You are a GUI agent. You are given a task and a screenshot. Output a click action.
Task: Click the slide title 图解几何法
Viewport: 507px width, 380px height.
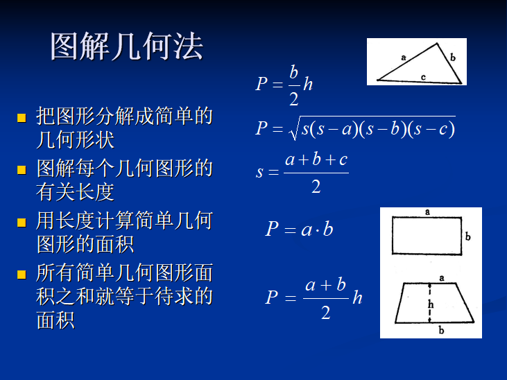click(x=126, y=47)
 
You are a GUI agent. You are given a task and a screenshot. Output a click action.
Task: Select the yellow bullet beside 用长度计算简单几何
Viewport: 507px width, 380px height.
click(x=22, y=223)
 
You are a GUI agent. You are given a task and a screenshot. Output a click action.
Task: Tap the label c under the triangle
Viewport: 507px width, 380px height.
click(x=423, y=78)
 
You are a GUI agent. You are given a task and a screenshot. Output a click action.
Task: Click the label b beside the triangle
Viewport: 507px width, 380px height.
click(x=453, y=58)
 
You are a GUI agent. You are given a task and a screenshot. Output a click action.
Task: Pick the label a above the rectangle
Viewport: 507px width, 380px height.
click(x=427, y=211)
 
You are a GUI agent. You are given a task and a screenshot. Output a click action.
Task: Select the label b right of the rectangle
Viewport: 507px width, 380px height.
click(x=468, y=236)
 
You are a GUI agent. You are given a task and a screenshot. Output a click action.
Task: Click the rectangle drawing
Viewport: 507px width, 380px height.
click(x=427, y=236)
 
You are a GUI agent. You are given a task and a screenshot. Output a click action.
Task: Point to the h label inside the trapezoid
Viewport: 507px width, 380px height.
click(x=430, y=304)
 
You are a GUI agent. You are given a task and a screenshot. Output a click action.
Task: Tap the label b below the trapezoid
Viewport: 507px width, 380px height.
click(x=441, y=331)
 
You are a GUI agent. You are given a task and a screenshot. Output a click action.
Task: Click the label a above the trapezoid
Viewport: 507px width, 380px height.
click(x=441, y=277)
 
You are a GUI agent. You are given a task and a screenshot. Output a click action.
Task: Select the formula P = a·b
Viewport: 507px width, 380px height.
click(x=299, y=229)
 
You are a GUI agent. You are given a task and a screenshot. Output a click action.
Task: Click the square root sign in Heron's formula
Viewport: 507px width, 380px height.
click(x=294, y=128)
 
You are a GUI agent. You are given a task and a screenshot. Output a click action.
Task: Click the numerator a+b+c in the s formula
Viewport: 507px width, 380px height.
click(x=316, y=159)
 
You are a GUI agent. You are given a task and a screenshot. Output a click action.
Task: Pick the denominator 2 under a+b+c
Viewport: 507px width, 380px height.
click(x=316, y=186)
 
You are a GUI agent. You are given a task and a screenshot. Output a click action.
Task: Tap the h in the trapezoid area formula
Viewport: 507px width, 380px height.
click(x=357, y=297)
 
